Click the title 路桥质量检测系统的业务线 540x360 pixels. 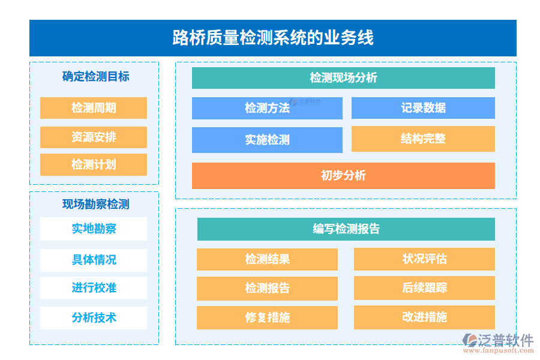coord(273,38)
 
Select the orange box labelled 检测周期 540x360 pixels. coord(94,108)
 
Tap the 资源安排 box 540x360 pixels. coord(94,137)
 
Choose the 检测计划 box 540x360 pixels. coord(94,164)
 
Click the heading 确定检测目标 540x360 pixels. coord(95,77)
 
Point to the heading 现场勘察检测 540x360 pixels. coord(95,204)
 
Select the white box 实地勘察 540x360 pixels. coord(94,229)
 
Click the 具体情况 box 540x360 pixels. coord(94,260)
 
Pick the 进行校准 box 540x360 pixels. coord(94,288)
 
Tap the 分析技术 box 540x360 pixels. coord(94,318)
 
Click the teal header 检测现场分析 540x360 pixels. coord(343,78)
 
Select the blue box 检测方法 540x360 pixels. coord(267,108)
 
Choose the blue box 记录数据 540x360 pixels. coord(423,108)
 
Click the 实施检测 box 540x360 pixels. coord(267,140)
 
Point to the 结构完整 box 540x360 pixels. coord(423,139)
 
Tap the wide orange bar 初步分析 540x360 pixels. coord(343,176)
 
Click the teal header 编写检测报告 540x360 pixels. coord(346,229)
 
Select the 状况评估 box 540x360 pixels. coord(424,259)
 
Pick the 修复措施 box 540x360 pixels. coord(267,317)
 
